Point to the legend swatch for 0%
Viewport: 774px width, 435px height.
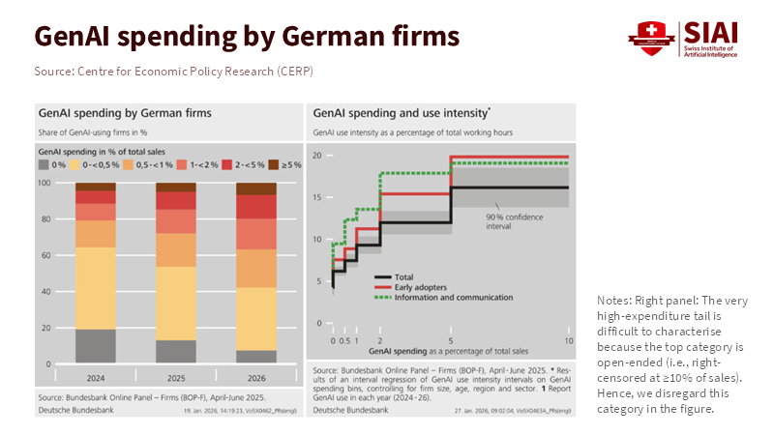point(44,165)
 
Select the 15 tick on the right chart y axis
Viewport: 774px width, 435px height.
point(316,197)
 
